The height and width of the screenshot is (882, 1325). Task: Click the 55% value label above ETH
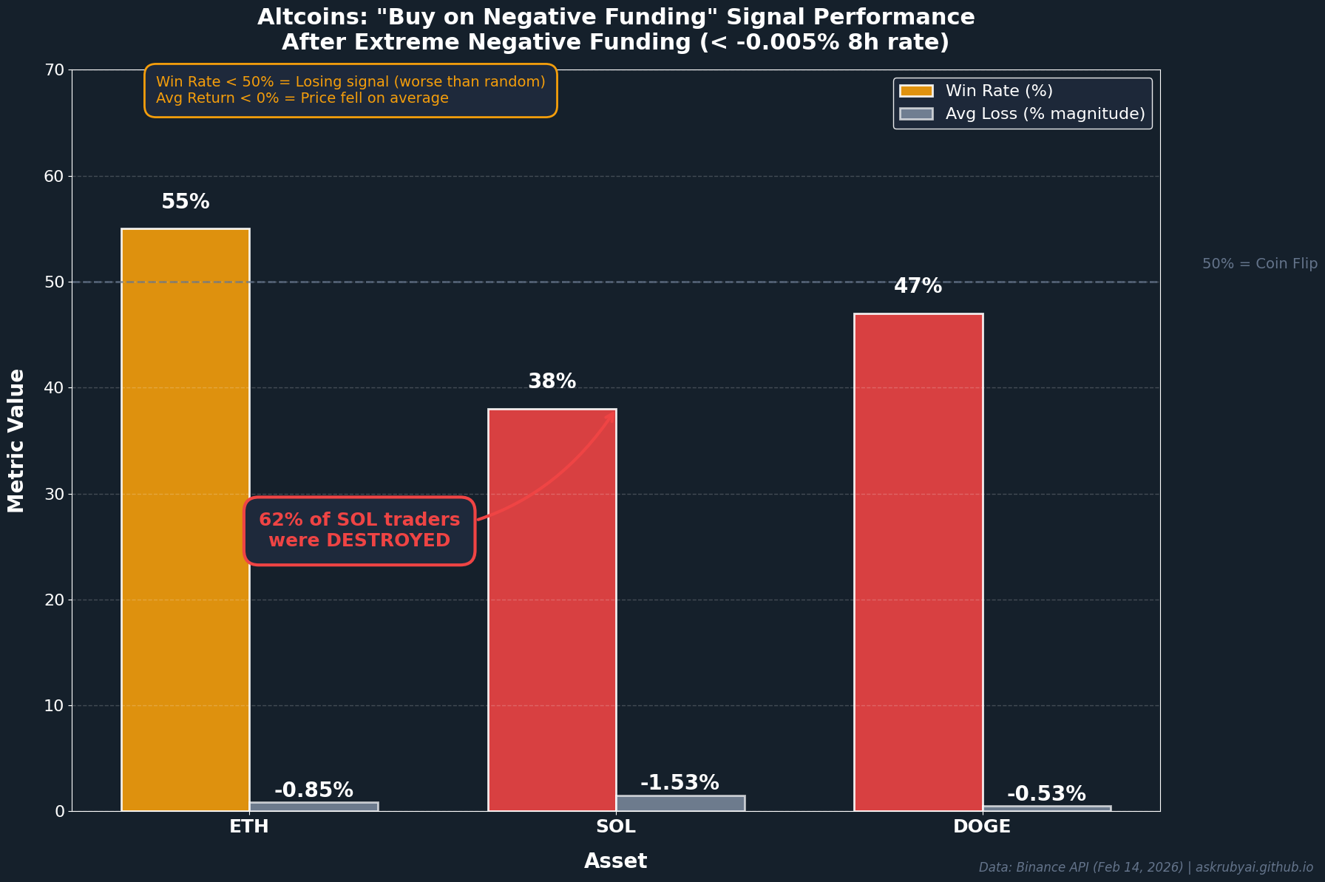186,202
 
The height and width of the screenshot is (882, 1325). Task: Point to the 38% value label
552,381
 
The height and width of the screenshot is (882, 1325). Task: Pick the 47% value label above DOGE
918,286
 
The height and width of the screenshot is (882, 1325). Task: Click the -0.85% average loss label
314,790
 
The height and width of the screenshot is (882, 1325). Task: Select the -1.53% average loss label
680,783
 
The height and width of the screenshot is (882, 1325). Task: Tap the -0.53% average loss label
1046,794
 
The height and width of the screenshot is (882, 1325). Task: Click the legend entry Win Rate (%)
998,91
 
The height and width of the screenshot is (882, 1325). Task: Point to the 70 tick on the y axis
55,70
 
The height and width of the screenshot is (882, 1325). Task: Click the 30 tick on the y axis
55,494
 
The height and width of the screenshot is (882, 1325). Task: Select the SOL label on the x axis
616,827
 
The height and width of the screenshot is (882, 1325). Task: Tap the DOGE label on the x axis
982,827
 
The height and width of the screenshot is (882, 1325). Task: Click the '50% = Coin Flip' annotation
1259,264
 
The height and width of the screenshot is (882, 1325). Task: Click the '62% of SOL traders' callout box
359,530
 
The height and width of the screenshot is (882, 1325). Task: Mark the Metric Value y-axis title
16,441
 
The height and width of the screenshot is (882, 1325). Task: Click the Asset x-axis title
616,861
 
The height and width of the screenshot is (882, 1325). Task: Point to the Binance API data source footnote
1145,867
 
